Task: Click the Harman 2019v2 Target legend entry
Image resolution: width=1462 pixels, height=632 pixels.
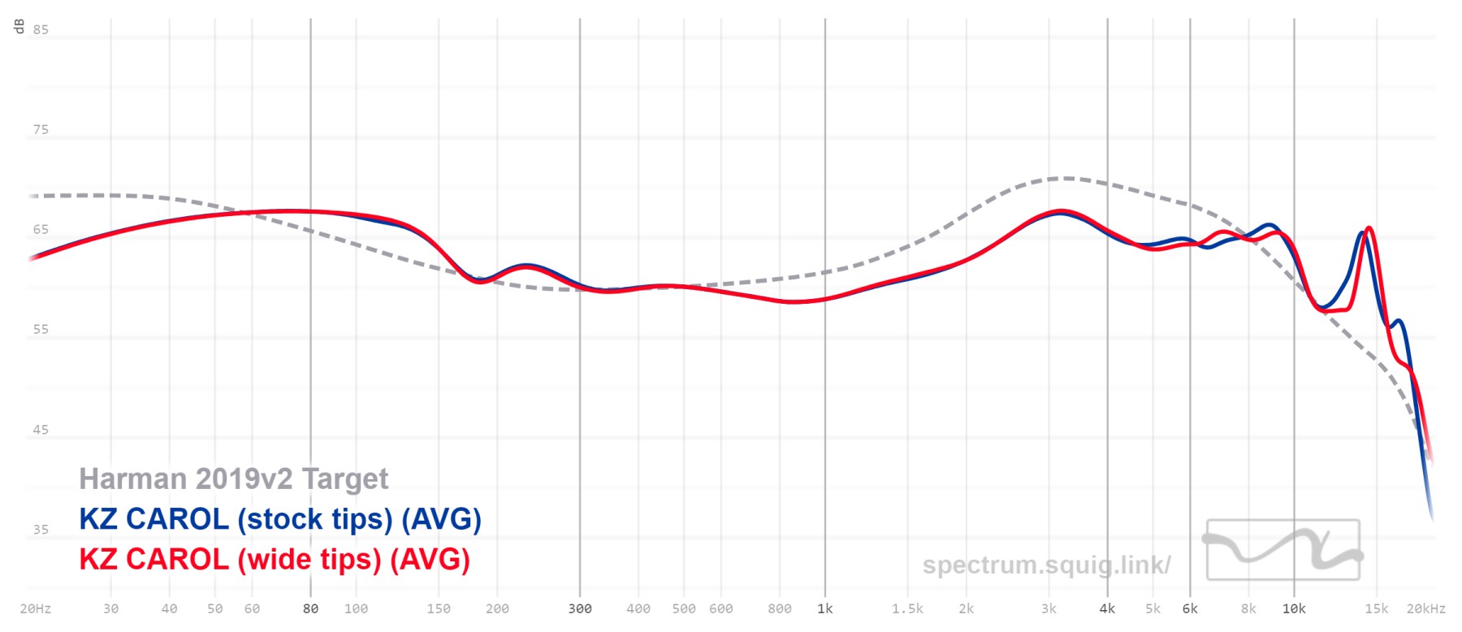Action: pyautogui.click(x=234, y=479)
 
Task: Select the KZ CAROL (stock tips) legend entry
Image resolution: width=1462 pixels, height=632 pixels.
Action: pyautogui.click(x=280, y=519)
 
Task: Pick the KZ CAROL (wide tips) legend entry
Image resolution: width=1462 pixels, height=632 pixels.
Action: pyautogui.click(x=275, y=560)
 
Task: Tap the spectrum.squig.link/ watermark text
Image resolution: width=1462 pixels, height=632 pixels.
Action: pyautogui.click(x=1046, y=565)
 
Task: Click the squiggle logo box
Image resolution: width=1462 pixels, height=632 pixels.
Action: pyautogui.click(x=1283, y=550)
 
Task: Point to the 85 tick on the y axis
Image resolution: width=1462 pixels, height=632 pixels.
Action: pyautogui.click(x=41, y=30)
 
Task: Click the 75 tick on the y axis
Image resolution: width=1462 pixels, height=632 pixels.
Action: pyautogui.click(x=41, y=130)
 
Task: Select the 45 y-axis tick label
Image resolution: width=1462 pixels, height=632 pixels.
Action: pyautogui.click(x=41, y=430)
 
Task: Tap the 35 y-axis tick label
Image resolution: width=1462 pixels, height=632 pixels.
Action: pyautogui.click(x=41, y=530)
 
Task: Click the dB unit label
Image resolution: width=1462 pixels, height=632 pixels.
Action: pyautogui.click(x=19, y=27)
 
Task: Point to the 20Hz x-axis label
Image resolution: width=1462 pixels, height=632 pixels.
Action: pyautogui.click(x=36, y=608)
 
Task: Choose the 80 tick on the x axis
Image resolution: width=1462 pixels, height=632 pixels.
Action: pyautogui.click(x=310, y=608)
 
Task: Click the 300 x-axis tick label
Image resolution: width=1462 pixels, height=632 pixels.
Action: pyautogui.click(x=580, y=608)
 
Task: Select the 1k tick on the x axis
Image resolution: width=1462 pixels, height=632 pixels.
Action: pyautogui.click(x=825, y=608)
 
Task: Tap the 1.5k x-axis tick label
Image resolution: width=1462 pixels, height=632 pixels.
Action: pyautogui.click(x=907, y=608)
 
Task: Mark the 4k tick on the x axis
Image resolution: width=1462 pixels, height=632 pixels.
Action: pyautogui.click(x=1107, y=608)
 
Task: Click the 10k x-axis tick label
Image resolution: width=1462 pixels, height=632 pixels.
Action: pyautogui.click(x=1294, y=608)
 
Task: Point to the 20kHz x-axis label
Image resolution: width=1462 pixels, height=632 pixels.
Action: pyautogui.click(x=1425, y=608)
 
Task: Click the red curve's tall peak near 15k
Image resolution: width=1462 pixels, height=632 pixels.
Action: pyautogui.click(x=1369, y=228)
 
